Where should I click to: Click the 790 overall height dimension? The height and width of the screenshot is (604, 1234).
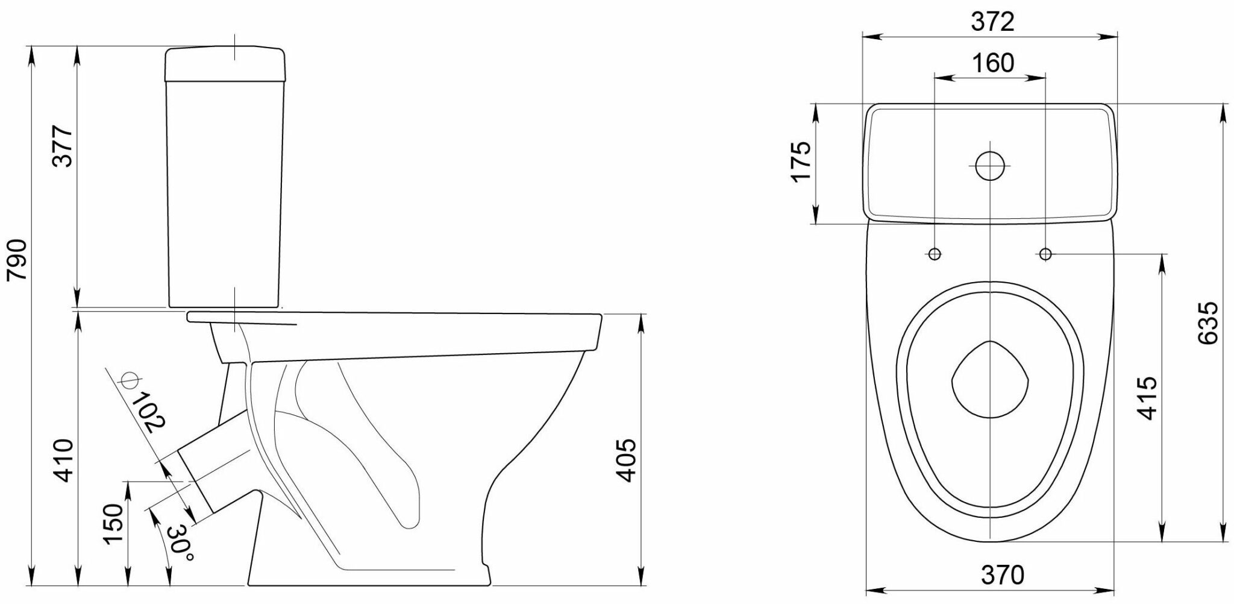16,259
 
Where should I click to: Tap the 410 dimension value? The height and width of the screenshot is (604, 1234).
63,461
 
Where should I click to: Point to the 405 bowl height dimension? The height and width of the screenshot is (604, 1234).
627,460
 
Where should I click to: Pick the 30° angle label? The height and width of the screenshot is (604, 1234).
180,543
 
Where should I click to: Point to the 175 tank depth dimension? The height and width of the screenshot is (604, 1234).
801,162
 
